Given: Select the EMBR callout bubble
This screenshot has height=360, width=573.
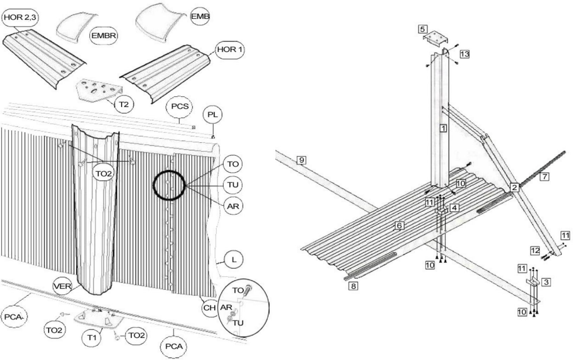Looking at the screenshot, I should pyautogui.click(x=103, y=36).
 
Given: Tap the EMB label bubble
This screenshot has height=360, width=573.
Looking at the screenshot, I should pyautogui.click(x=200, y=16).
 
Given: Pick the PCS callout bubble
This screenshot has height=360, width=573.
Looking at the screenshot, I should pyautogui.click(x=180, y=106).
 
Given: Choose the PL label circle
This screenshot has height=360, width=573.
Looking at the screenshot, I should pyautogui.click(x=213, y=115).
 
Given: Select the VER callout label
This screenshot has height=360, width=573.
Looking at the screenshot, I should pyautogui.click(x=62, y=286).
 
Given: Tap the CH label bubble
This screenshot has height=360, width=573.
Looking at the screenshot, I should pyautogui.click(x=209, y=308).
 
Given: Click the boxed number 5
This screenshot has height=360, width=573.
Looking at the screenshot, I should pyautogui.click(x=423, y=29).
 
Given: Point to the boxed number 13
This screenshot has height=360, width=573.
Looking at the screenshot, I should pyautogui.click(x=465, y=54).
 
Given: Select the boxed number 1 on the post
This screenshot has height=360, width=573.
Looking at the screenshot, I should pyautogui.click(x=443, y=128).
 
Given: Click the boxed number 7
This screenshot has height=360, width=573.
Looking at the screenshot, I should pyautogui.click(x=544, y=176).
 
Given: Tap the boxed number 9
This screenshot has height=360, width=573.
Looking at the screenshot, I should pyautogui.click(x=301, y=160).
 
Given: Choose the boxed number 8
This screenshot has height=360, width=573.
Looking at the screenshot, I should pyautogui.click(x=353, y=286).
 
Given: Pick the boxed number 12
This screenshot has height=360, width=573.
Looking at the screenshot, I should pyautogui.click(x=535, y=250).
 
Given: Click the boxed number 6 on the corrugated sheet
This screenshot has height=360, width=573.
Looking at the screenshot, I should pyautogui.click(x=399, y=225).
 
